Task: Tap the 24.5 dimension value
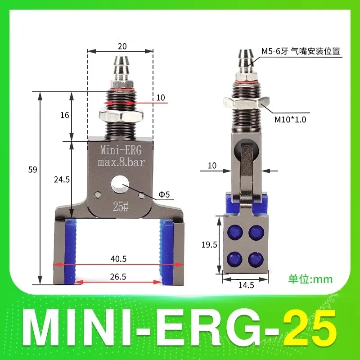point(61,180)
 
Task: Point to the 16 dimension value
point(64,115)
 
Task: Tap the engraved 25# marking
point(120,207)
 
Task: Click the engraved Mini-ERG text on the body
point(120,150)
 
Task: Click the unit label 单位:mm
point(310,279)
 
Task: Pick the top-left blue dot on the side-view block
point(234,231)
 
